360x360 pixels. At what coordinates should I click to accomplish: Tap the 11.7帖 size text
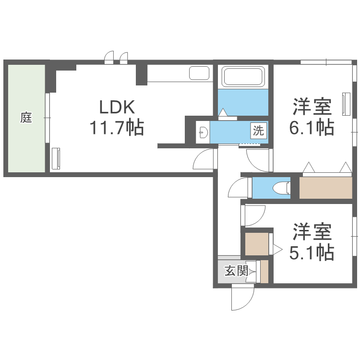(x=116, y=128)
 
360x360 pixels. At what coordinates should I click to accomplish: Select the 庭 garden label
(x=26, y=118)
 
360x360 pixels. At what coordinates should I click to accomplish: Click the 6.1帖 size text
(x=312, y=128)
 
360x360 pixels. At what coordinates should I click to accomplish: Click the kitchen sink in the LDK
(x=199, y=73)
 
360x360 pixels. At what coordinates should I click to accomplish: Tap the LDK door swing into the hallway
(x=204, y=159)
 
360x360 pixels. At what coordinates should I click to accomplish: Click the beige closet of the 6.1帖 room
(x=326, y=188)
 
